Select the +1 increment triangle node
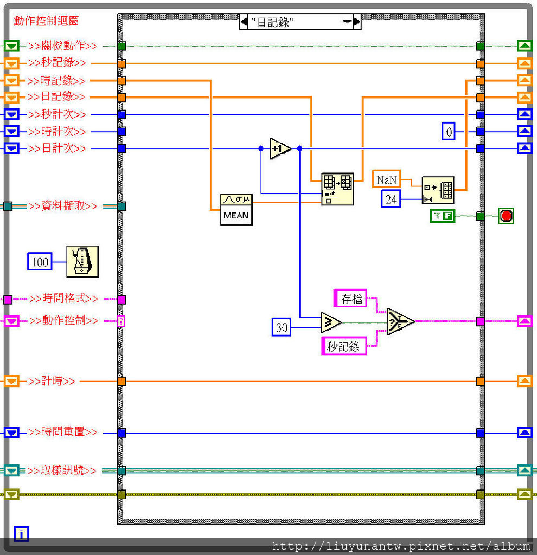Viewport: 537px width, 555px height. [x=280, y=148]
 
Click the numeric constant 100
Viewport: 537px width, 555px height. [x=40, y=262]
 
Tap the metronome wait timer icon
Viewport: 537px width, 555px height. [x=82, y=261]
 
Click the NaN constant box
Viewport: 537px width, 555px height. [x=386, y=179]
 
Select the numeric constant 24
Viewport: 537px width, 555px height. [x=391, y=199]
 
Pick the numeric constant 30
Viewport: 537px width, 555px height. [x=281, y=327]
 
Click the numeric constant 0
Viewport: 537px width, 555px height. [x=449, y=131]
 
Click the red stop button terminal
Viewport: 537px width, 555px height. [x=506, y=216]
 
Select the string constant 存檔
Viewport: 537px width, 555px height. [x=351, y=298]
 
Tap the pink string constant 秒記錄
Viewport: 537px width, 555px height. [x=343, y=346]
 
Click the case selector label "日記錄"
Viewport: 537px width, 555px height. [x=300, y=22]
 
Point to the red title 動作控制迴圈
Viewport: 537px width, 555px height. [x=46, y=21]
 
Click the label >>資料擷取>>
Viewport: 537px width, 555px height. [x=63, y=206]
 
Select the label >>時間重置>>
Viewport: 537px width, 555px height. [x=63, y=433]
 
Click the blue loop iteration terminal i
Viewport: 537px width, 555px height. [x=21, y=534]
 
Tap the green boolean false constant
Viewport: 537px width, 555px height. [x=442, y=216]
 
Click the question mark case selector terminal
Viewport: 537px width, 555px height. [x=122, y=321]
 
